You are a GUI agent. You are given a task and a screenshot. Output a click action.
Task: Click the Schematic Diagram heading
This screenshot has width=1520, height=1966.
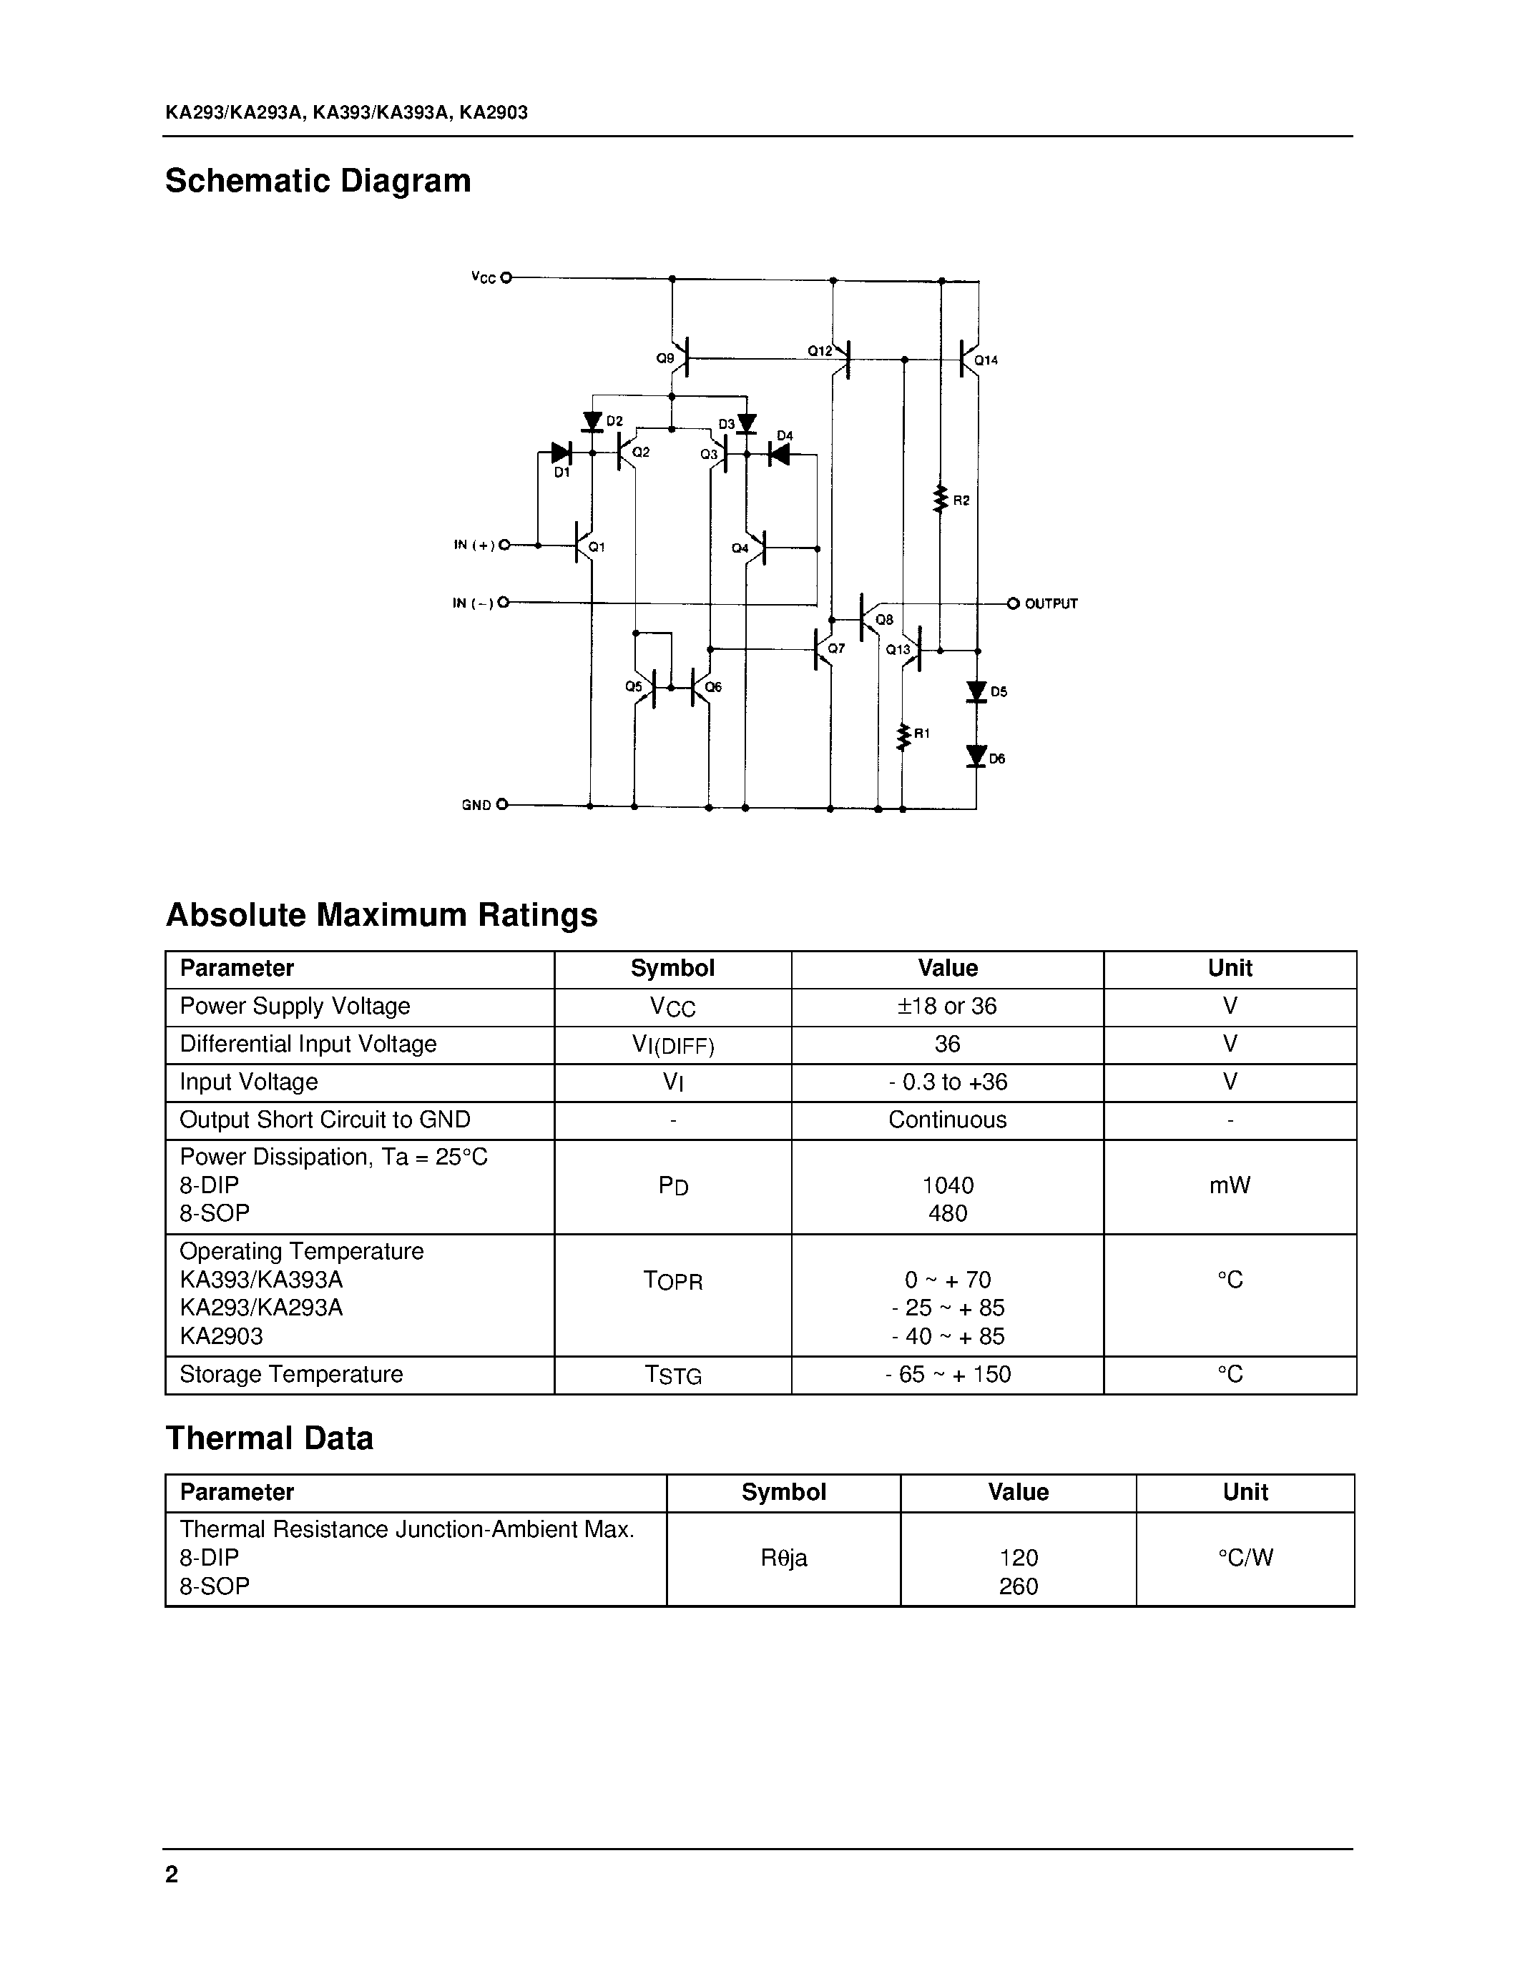point(318,181)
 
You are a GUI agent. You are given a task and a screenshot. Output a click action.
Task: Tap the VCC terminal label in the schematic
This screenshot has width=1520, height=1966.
point(484,278)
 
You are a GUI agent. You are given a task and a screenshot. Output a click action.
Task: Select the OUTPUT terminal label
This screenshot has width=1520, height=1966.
point(1051,604)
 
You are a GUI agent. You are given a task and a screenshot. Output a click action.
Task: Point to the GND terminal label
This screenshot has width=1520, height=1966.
point(476,805)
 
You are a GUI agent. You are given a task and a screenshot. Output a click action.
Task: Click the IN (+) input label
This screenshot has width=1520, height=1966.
point(474,545)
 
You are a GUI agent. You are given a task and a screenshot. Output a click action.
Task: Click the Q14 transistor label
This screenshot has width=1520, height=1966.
point(986,360)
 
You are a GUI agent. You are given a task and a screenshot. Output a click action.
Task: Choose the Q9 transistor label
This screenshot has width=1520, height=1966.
point(665,358)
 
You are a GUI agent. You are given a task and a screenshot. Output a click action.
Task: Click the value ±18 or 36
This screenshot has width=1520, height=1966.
point(947,1007)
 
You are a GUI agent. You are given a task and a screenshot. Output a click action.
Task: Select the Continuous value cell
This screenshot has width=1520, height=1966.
point(947,1120)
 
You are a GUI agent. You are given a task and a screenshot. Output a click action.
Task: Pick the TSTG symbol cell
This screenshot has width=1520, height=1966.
point(672,1375)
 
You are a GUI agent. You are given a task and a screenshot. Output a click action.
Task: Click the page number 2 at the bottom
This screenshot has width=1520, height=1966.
point(172,1874)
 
